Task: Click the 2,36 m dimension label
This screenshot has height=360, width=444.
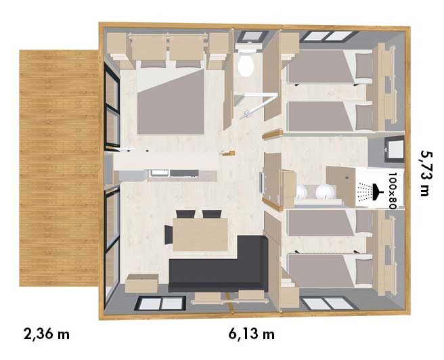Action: (x=47, y=334)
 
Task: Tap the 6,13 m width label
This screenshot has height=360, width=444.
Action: (x=252, y=334)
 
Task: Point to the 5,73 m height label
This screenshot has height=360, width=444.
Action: (x=426, y=173)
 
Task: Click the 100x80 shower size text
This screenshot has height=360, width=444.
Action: (x=393, y=191)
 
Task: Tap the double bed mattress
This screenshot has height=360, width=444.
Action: (x=171, y=102)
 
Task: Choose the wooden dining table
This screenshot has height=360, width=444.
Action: (x=200, y=234)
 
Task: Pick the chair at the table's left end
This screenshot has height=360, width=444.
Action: (x=169, y=235)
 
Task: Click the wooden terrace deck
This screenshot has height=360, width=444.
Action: (x=59, y=168)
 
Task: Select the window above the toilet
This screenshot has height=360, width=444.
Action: (x=252, y=37)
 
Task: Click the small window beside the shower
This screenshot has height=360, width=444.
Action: (x=395, y=149)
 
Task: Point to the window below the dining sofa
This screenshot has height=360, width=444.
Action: (x=160, y=304)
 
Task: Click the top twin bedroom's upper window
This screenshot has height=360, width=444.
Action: (x=329, y=37)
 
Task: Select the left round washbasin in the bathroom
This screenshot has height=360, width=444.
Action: (x=302, y=192)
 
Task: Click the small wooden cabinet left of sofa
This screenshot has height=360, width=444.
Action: (x=141, y=284)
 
